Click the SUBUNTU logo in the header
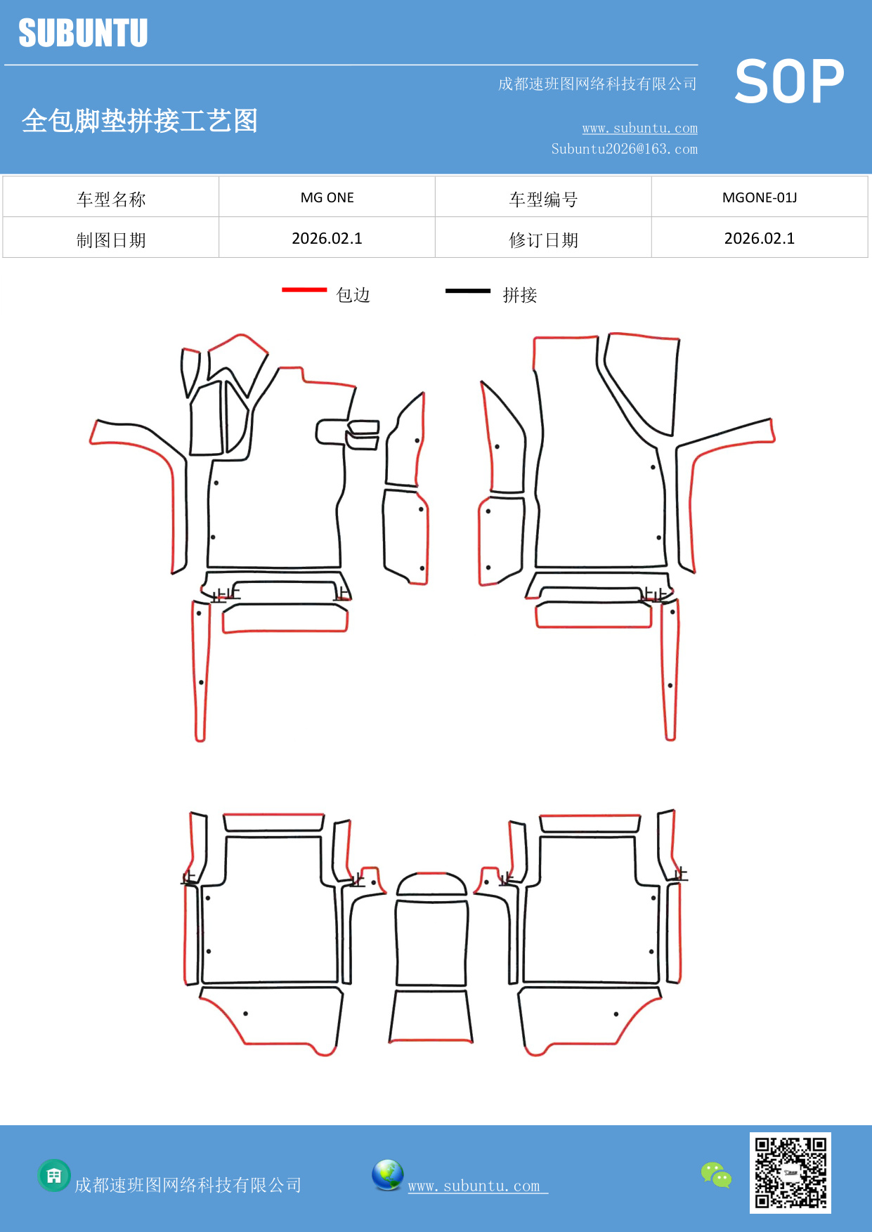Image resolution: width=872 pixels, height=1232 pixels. [83, 33]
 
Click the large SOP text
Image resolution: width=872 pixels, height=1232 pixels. [789, 81]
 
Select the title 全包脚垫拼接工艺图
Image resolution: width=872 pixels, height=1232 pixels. [140, 121]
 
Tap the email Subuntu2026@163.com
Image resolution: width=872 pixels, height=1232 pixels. [624, 149]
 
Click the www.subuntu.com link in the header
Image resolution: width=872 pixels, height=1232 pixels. [639, 128]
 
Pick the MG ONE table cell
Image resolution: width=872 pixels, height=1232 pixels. [327, 197]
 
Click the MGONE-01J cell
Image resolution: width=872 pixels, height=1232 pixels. [760, 197]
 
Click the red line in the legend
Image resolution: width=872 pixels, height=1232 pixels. [304, 289]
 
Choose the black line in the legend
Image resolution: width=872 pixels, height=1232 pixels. [468, 290]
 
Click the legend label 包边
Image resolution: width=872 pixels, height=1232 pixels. [353, 295]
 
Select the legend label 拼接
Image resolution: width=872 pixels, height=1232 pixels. [520, 295]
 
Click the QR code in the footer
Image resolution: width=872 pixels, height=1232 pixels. [790, 1172]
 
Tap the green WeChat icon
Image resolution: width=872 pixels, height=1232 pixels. [716, 1175]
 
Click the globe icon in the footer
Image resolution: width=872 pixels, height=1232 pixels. [387, 1175]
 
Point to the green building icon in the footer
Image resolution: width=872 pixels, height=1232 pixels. [54, 1175]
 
